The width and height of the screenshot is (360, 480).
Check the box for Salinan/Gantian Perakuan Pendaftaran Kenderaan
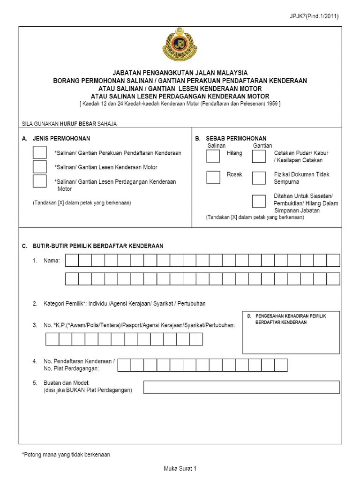tap(40, 153)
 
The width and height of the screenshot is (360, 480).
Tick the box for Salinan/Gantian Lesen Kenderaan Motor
tap(40, 167)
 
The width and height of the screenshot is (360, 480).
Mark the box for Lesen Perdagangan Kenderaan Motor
tap(40, 181)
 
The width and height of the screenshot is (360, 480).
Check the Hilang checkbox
tap(213, 156)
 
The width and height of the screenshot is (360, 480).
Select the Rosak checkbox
tap(213, 177)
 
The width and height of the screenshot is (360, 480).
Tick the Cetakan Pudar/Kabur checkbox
tap(258, 156)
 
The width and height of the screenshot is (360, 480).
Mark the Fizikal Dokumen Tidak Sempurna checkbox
tap(258, 177)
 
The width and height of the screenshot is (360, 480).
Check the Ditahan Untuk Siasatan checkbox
tap(258, 201)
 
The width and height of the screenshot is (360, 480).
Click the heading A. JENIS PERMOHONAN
tap(56, 138)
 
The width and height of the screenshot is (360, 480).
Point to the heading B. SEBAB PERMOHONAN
tap(231, 138)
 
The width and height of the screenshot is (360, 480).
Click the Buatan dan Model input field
tap(241, 387)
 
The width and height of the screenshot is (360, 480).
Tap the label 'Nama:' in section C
tap(52, 261)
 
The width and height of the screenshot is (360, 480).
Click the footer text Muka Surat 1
tap(180, 468)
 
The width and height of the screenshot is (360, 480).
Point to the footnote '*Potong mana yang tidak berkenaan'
tap(66, 455)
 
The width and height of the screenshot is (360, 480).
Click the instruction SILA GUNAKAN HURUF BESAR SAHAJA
tap(69, 124)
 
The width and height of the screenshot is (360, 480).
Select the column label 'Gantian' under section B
tap(262, 146)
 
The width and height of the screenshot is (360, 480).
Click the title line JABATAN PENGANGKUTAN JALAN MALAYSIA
tap(180, 73)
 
